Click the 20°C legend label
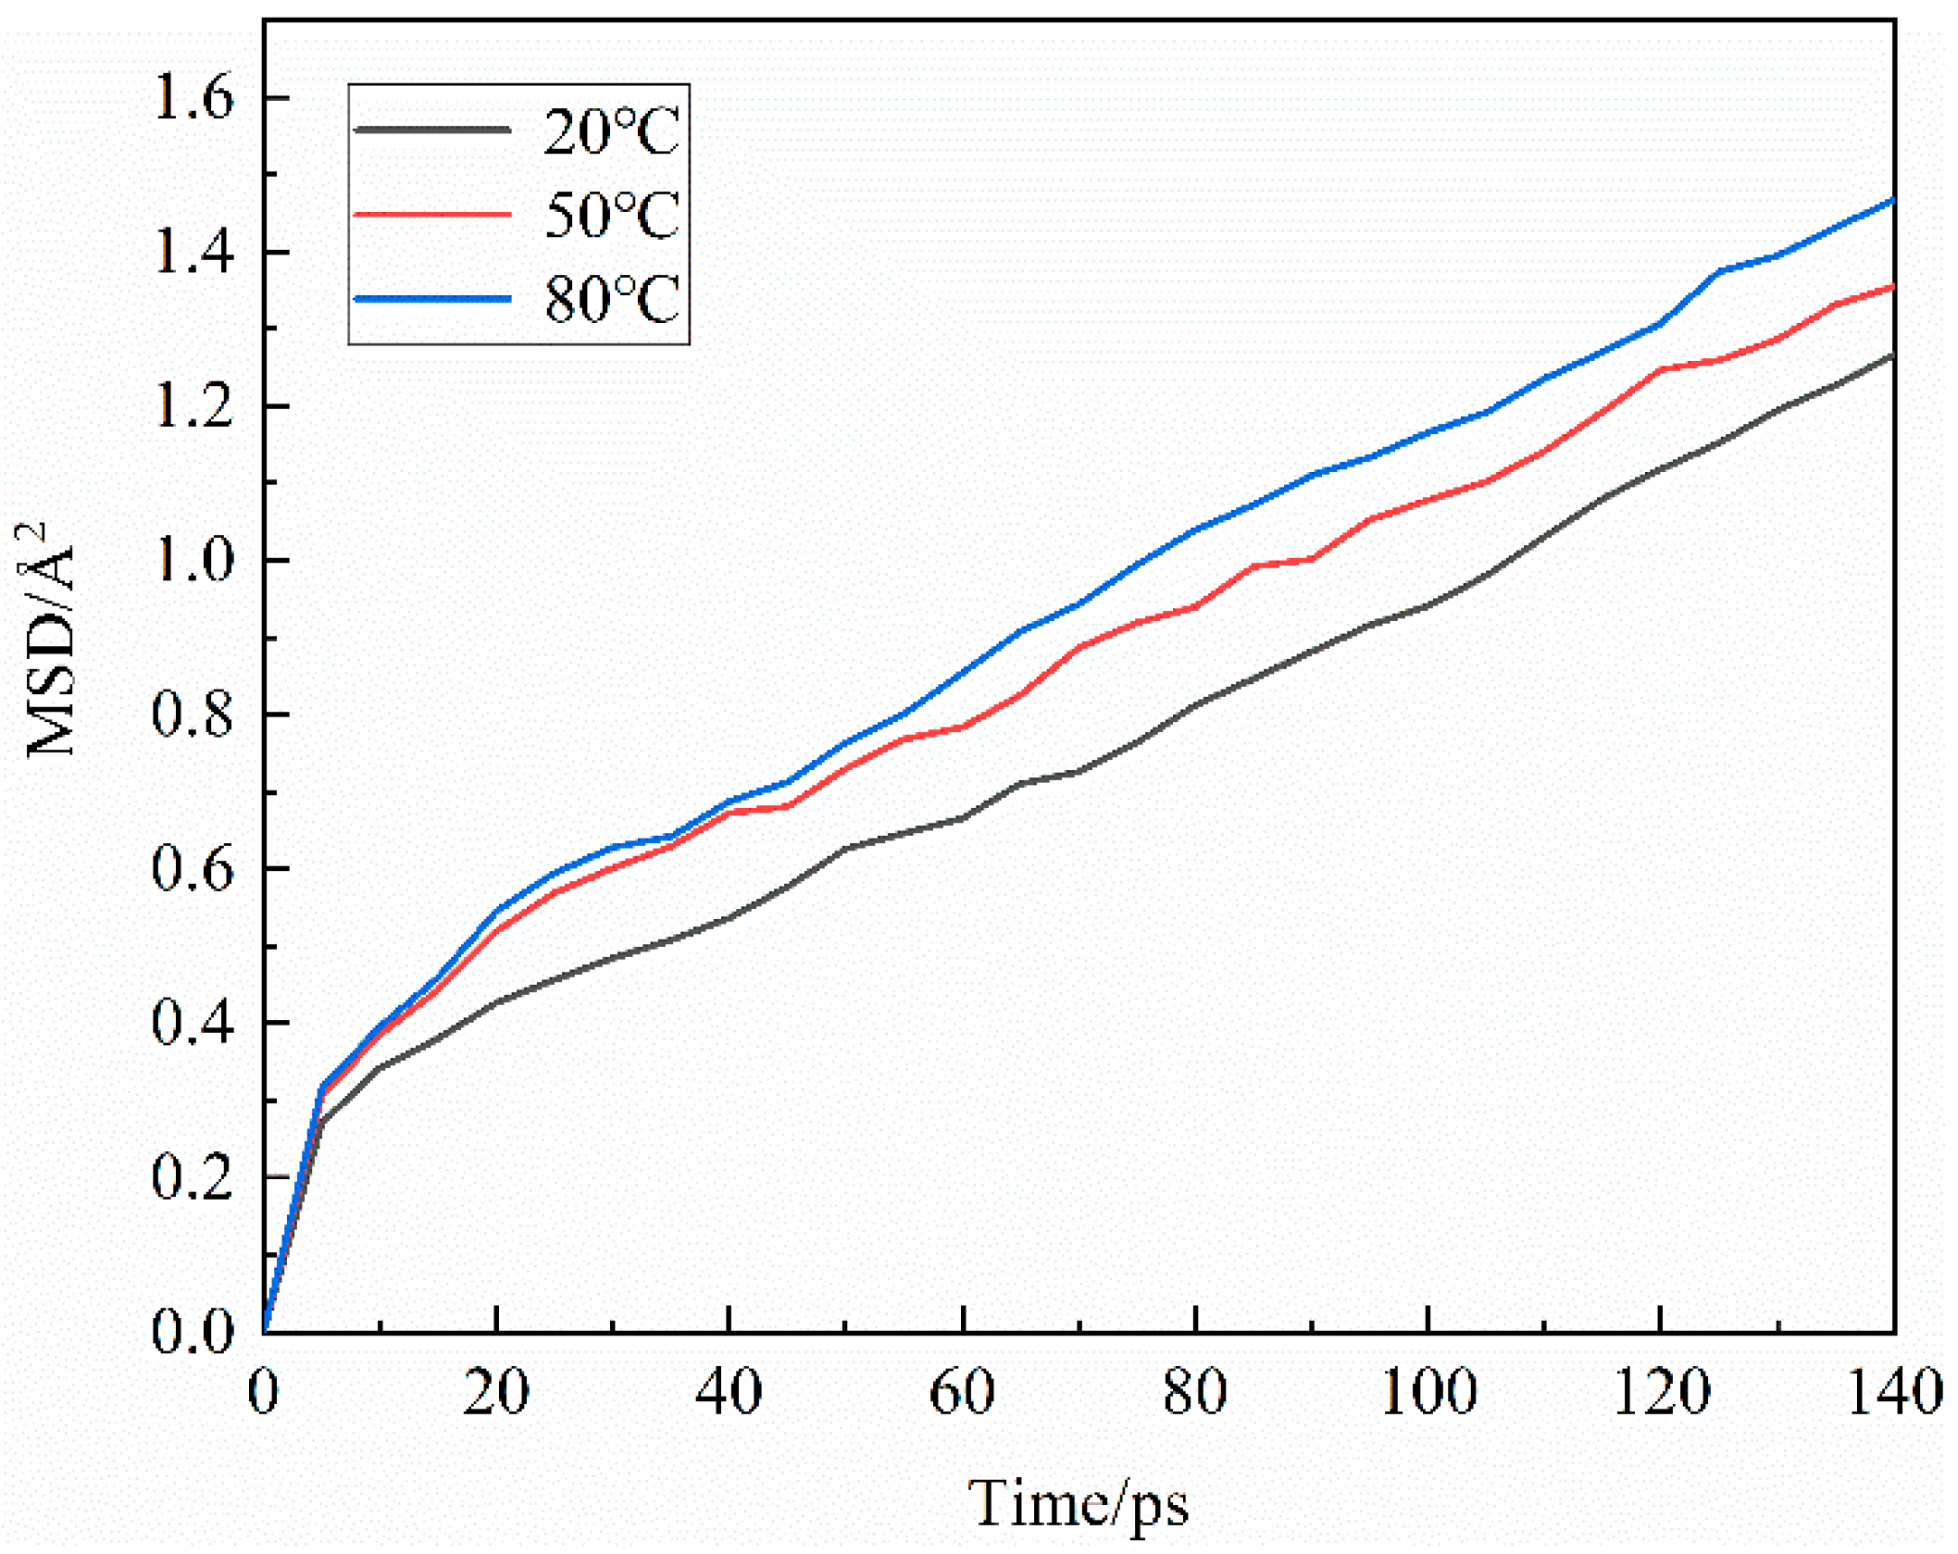[x=611, y=131]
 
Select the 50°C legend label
[x=611, y=215]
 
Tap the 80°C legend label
[x=611, y=299]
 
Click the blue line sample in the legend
[x=432, y=299]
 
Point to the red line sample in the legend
[x=432, y=215]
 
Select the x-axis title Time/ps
[x=1079, y=1504]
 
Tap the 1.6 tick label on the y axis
[x=193, y=97]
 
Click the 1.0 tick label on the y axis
[x=193, y=561]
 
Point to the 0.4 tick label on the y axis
[x=193, y=1024]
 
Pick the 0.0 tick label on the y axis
[x=193, y=1332]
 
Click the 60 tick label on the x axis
[x=963, y=1391]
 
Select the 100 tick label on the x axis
[x=1428, y=1391]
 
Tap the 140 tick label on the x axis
[x=1894, y=1391]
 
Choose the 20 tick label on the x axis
[x=496, y=1391]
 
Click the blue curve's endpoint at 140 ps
[x=1891, y=201]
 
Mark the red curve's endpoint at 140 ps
[x=1891, y=287]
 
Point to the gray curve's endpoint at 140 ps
[x=1891, y=356]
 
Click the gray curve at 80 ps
[x=1196, y=705]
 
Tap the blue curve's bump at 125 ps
[x=1720, y=271]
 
